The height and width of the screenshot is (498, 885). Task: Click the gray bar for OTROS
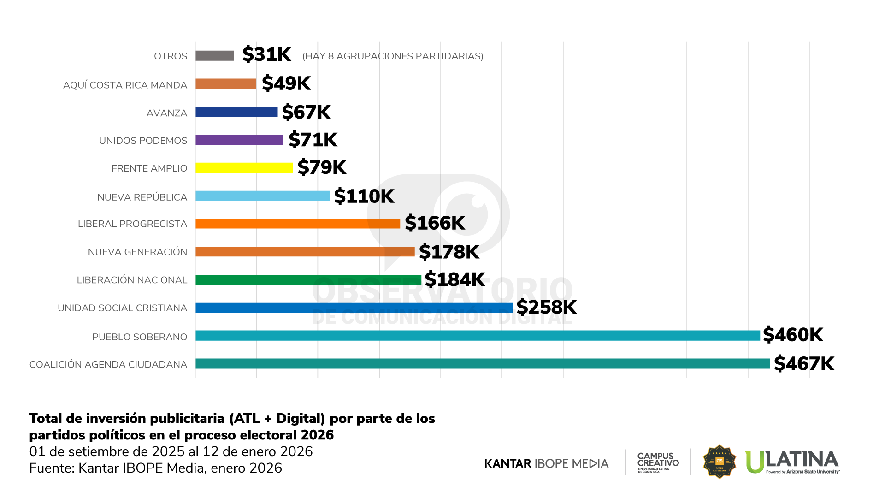(x=215, y=56)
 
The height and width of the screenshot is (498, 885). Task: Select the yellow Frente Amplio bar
(x=244, y=168)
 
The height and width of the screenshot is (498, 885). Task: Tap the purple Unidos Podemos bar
(x=239, y=140)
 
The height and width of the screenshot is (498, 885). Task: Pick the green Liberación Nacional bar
(x=308, y=279)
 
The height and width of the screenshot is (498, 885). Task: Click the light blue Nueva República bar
(x=263, y=196)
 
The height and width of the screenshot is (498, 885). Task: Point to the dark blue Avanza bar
(x=236, y=112)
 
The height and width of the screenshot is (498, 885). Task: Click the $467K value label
(x=804, y=364)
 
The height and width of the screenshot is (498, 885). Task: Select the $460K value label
(x=793, y=335)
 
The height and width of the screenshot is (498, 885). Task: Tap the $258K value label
(x=546, y=307)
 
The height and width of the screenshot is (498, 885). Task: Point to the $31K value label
(x=266, y=54)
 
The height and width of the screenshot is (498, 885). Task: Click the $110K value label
(x=364, y=196)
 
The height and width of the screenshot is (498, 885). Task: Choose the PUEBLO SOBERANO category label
(x=140, y=337)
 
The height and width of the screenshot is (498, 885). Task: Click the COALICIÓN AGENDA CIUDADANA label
(x=108, y=365)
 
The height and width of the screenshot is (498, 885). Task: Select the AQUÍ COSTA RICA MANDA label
(x=125, y=85)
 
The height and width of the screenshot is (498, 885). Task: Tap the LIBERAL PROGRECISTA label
(x=132, y=224)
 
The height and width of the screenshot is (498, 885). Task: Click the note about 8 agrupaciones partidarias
(x=393, y=56)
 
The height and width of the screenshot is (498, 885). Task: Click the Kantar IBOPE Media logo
(x=546, y=463)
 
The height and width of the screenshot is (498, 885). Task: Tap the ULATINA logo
(x=792, y=462)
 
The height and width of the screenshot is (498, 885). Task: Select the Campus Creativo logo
(x=658, y=462)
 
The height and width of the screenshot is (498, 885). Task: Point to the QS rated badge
(x=719, y=462)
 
